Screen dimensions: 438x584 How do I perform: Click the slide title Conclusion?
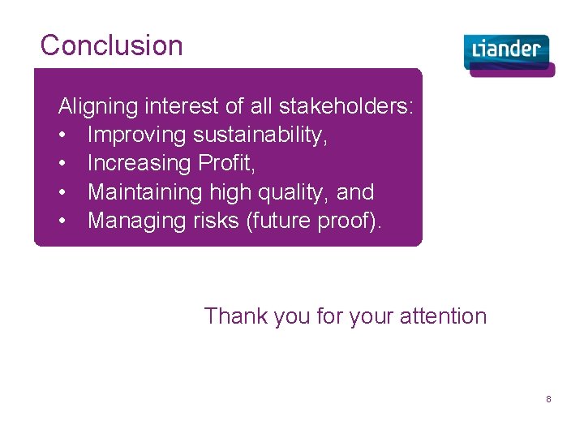tap(111, 45)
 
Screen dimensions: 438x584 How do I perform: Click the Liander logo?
tap(509, 54)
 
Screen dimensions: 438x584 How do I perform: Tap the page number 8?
tap(548, 399)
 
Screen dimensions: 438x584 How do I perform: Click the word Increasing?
tap(139, 163)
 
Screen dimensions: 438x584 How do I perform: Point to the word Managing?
tap(136, 221)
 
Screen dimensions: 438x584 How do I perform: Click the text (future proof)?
tap(316, 221)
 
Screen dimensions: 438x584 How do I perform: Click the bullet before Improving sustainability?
tap(62, 135)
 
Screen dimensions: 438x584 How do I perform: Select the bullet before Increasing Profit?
tap(62, 163)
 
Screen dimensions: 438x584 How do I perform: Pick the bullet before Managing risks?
tap(62, 221)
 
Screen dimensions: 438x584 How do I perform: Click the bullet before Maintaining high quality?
tap(62, 192)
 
